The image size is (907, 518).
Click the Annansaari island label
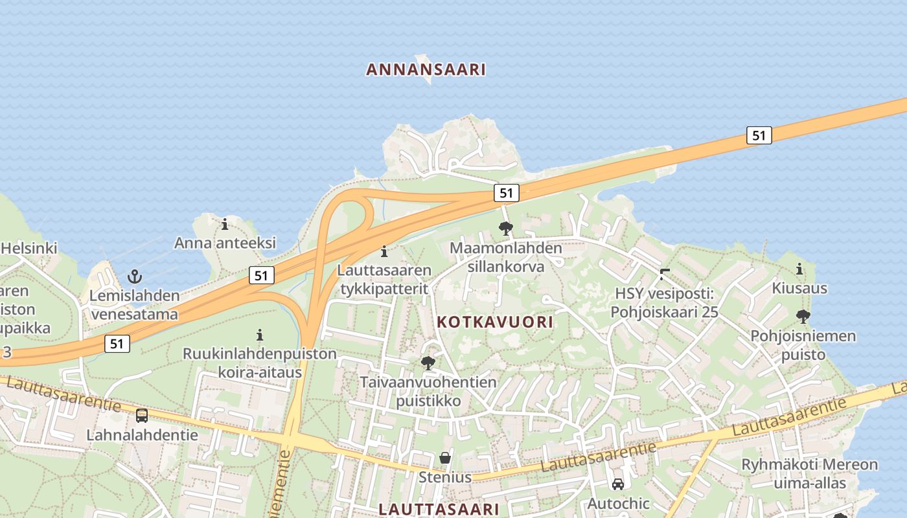tap(426, 69)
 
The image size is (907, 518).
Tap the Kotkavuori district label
tap(495, 322)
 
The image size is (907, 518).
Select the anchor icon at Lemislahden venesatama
tap(135, 276)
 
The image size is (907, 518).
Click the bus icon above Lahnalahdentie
tap(142, 416)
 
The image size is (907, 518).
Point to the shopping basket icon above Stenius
tap(445, 458)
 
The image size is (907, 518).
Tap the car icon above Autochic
tap(618, 484)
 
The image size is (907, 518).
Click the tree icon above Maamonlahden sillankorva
tap(505, 228)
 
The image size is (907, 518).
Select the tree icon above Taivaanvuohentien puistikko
tap(428, 363)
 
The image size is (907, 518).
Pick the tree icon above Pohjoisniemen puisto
tap(803, 317)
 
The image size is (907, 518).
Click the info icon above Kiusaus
tap(799, 269)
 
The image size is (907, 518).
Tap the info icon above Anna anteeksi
tap(225, 224)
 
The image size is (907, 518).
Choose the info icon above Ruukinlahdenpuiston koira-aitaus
tap(260, 335)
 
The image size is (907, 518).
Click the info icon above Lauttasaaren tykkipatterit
tap(384, 251)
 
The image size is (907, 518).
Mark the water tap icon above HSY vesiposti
tap(664, 274)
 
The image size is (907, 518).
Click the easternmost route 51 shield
tap(759, 135)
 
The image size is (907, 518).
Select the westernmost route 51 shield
tap(117, 343)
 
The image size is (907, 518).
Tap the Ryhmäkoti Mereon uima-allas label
tap(810, 474)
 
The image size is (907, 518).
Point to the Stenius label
tap(445, 478)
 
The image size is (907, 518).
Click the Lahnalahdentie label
tap(143, 434)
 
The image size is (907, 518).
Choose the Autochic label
tap(618, 503)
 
